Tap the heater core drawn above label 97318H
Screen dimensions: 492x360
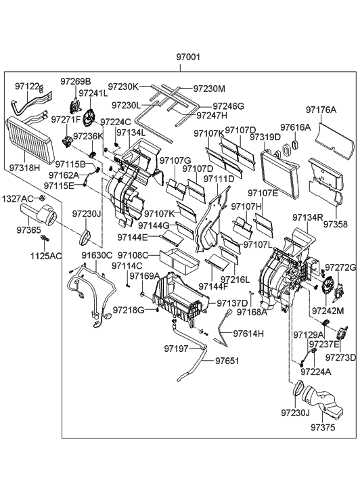click(x=32, y=136)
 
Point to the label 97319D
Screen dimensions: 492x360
click(x=265, y=137)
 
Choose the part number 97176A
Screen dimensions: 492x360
click(x=321, y=109)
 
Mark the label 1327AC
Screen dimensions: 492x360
click(x=17, y=198)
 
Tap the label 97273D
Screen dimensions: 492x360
click(x=342, y=357)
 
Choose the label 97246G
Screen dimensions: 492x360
click(x=229, y=106)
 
